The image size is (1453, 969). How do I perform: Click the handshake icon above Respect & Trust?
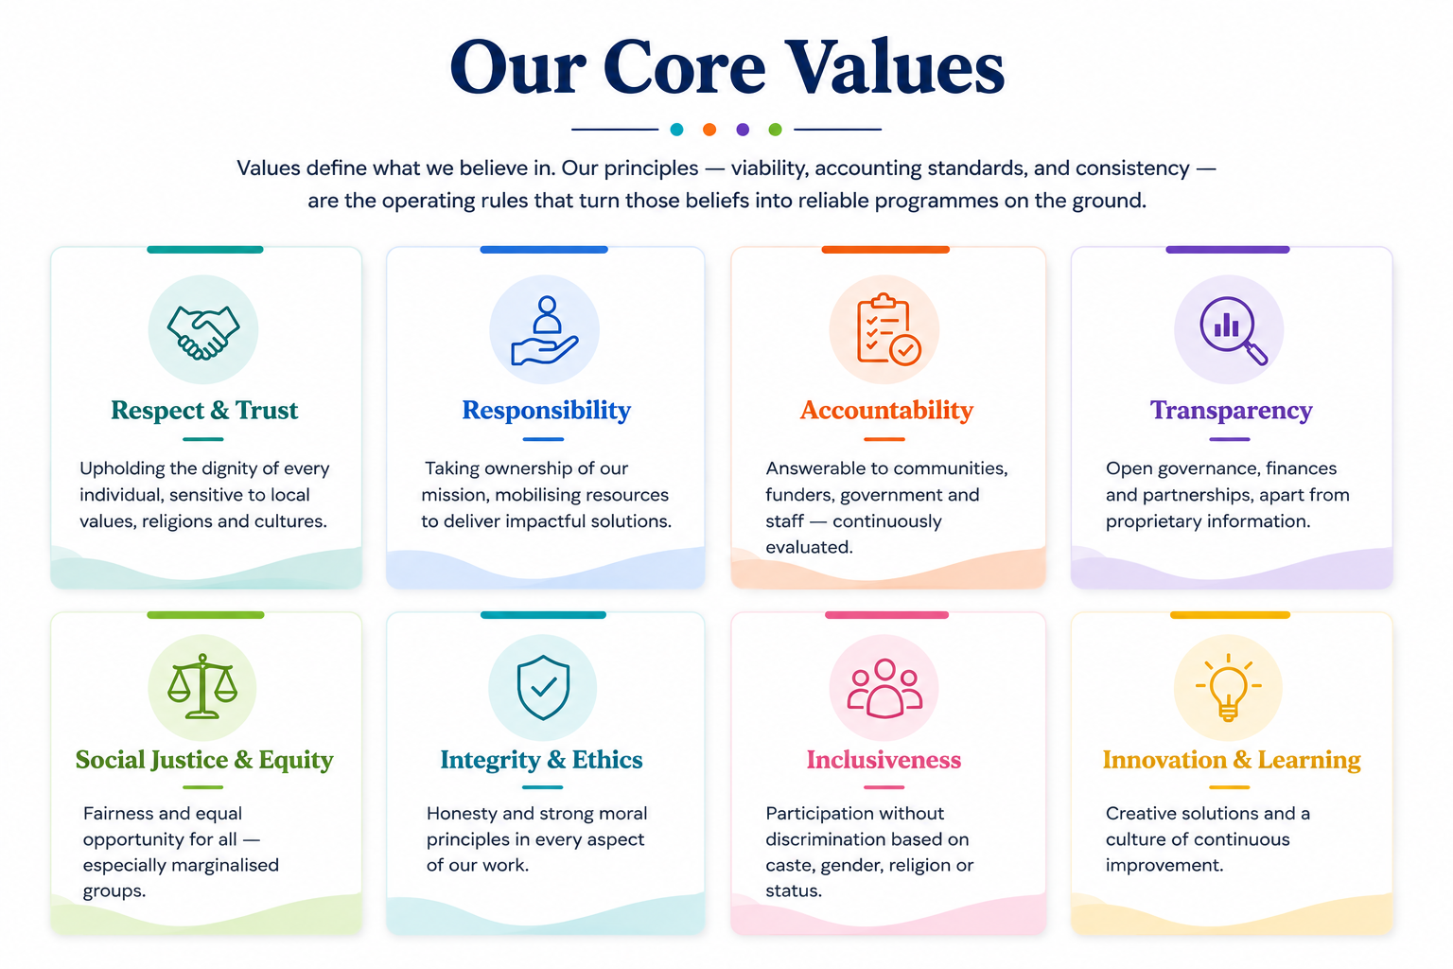coord(203,331)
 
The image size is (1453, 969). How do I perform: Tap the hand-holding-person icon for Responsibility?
coord(544,330)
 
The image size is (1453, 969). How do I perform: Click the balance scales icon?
coord(202,686)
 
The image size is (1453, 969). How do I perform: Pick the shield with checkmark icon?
coord(543,687)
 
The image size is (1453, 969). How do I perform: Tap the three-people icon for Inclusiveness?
coord(884,688)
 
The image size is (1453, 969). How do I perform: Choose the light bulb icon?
coord(1228,687)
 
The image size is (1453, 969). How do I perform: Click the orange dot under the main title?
coord(709,130)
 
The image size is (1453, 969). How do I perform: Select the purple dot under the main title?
coord(743,130)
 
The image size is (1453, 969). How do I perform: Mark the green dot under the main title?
coord(775,130)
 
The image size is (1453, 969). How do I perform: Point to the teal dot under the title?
coord(676,130)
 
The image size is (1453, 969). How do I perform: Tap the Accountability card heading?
coord(886,410)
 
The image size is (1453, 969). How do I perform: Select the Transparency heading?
coord(1231,411)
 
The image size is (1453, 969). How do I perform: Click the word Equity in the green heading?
coord(296,760)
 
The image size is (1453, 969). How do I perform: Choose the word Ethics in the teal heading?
coord(607,759)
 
